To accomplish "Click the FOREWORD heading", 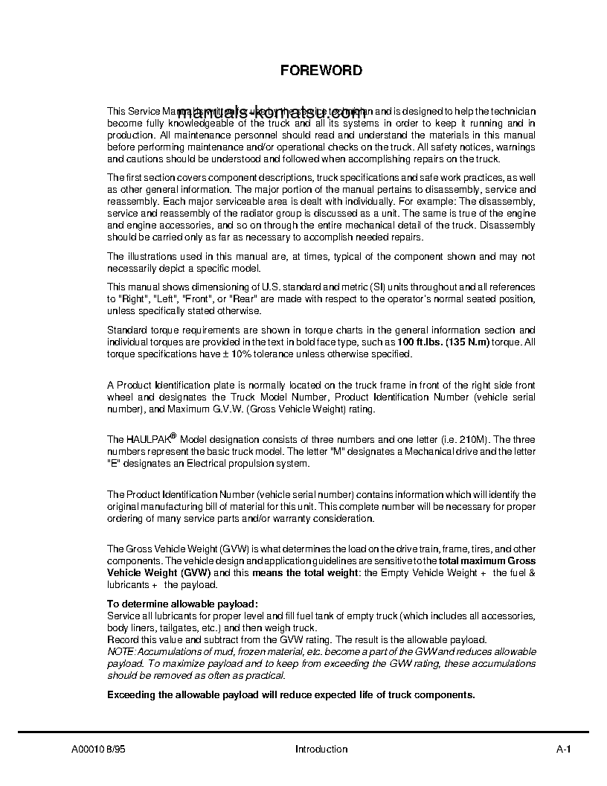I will [x=321, y=71].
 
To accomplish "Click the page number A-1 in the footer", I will [x=562, y=750].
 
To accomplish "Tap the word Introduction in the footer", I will [x=321, y=750].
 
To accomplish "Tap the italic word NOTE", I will [x=121, y=651].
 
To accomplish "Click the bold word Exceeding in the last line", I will [x=134, y=694].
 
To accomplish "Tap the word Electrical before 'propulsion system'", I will [x=201, y=463].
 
